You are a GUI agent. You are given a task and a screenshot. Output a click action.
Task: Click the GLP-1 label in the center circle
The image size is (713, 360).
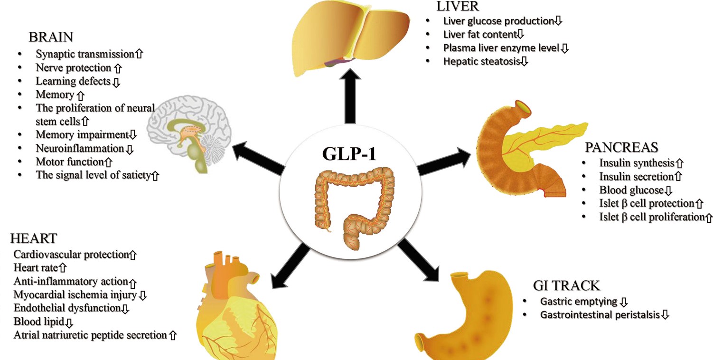point(349,153)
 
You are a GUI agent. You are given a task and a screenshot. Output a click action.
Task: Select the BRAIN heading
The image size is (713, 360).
point(51,37)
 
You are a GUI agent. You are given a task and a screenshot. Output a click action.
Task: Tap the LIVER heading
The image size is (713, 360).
point(458,6)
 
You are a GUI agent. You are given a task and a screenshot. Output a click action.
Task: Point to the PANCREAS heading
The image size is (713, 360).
point(622,147)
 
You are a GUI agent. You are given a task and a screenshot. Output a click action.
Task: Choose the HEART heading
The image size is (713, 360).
point(34,238)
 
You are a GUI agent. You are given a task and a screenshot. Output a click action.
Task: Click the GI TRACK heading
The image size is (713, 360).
point(567,285)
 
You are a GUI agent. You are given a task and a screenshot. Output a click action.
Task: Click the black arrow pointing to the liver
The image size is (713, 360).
point(350,95)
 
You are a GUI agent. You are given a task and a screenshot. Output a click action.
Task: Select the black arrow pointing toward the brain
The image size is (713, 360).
point(258,158)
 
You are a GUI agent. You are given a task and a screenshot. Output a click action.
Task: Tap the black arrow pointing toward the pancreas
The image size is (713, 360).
point(444,161)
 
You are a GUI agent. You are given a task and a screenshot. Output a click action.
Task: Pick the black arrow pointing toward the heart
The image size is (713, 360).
point(290,266)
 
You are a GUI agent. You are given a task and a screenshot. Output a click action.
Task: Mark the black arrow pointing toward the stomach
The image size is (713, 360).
point(418,260)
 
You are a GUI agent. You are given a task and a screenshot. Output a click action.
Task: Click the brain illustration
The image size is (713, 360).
point(189,134)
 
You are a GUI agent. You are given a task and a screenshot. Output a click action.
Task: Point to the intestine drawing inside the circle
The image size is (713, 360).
point(355,208)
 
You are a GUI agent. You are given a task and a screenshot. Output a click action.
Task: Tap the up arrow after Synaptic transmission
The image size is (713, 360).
point(139,54)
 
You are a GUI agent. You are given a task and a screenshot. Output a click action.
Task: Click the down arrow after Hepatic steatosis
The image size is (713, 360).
point(524,61)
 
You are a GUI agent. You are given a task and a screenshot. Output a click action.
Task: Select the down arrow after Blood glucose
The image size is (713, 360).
point(668,190)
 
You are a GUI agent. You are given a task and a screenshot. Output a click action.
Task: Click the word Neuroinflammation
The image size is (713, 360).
point(80,149)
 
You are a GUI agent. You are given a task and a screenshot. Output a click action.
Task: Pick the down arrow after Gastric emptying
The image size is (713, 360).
point(624,302)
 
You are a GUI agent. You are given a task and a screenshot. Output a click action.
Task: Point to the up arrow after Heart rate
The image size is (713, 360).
point(63,267)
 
